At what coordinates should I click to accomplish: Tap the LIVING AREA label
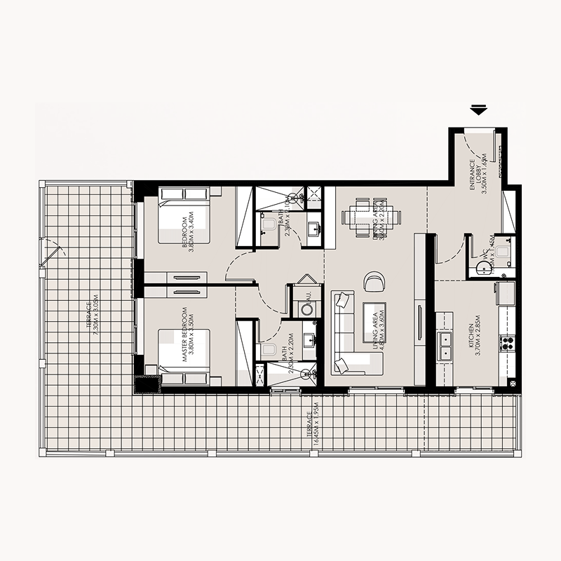pyautogui.click(x=379, y=327)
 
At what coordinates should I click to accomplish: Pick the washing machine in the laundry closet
pyautogui.click(x=306, y=308)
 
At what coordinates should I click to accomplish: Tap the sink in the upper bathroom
pyautogui.click(x=313, y=228)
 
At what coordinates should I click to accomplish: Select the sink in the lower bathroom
pyautogui.click(x=309, y=342)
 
